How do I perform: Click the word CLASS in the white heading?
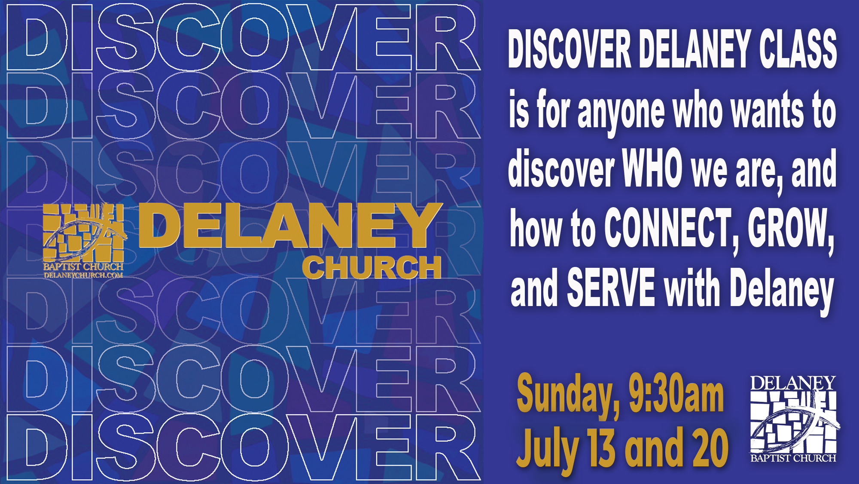[x=798, y=49]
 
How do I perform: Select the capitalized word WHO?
[x=652, y=168]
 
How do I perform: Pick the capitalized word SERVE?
[x=611, y=287]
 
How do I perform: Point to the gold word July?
[x=548, y=450]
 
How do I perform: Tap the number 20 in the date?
[x=711, y=448]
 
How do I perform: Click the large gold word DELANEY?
[x=290, y=225]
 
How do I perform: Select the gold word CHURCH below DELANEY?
[x=372, y=267]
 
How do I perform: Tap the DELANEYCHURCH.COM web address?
[x=83, y=275]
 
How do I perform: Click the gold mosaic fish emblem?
[x=84, y=232]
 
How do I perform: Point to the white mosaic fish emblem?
[x=794, y=422]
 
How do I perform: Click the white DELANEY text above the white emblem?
[x=793, y=383]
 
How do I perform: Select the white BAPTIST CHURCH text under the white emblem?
[x=793, y=458]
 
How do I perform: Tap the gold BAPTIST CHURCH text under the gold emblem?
[x=83, y=267]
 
